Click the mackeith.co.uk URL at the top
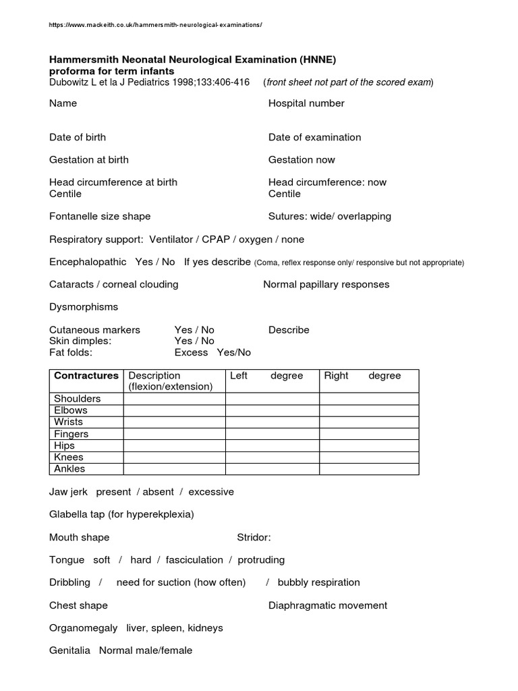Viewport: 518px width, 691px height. (x=155, y=25)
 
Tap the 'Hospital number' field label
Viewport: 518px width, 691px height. (x=306, y=103)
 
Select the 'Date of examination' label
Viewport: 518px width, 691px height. (x=314, y=137)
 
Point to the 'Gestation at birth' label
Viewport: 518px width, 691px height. (x=89, y=160)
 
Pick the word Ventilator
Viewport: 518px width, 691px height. (x=172, y=240)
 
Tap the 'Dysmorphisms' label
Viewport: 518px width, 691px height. (x=84, y=307)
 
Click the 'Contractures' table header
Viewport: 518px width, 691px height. (x=86, y=376)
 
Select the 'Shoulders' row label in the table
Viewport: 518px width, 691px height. (x=78, y=399)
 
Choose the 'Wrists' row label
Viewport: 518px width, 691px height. (x=69, y=422)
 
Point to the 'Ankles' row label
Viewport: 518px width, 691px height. (x=70, y=469)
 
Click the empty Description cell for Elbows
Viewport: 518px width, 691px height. (x=174, y=410)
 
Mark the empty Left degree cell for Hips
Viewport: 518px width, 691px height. (x=272, y=445)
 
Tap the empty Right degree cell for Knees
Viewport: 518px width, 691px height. (x=369, y=458)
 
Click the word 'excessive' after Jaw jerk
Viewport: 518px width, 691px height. (x=211, y=492)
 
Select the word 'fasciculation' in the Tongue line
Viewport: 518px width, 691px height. (x=194, y=560)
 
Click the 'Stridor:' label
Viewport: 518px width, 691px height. (x=254, y=538)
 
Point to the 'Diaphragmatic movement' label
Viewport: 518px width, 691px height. (x=328, y=605)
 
